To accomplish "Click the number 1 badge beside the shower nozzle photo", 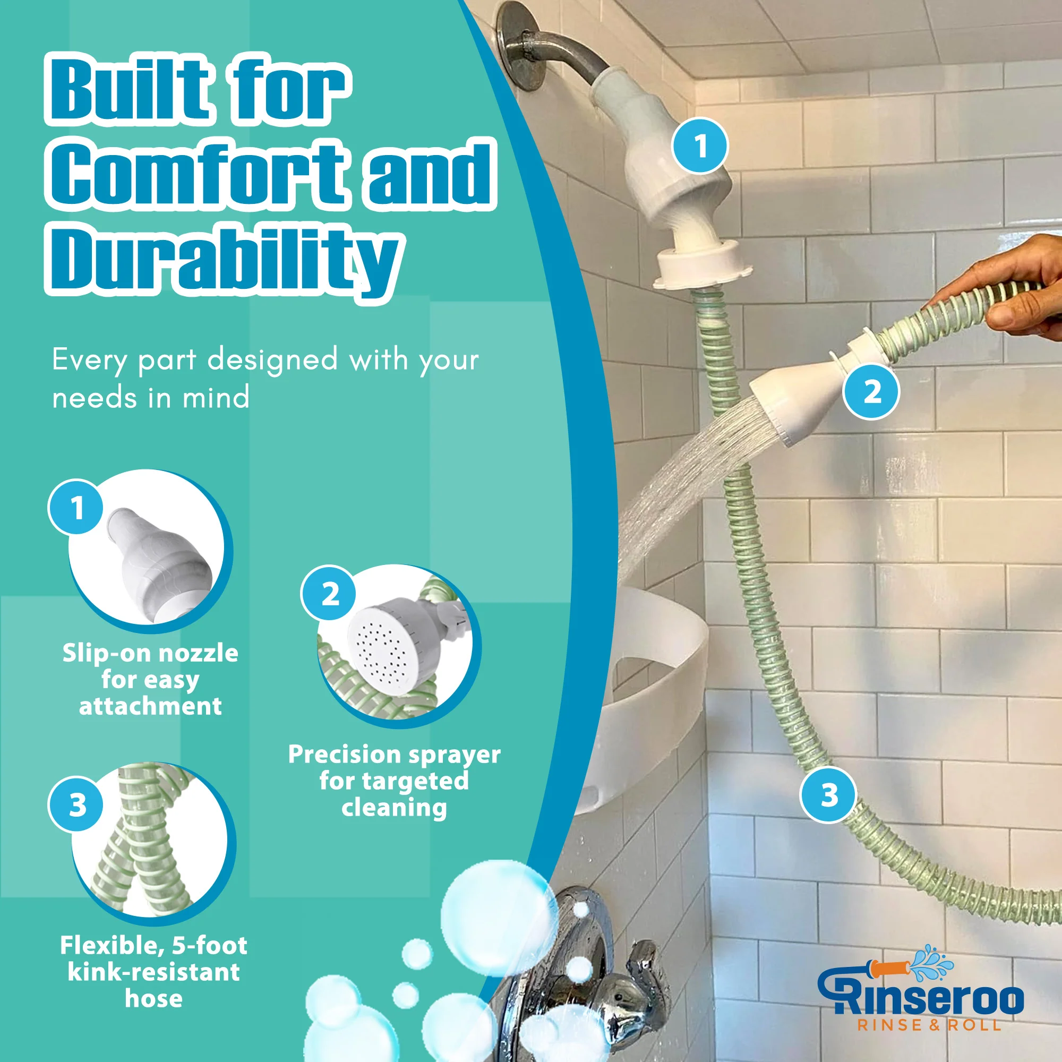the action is [x=700, y=146].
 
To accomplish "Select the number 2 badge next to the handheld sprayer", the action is [x=872, y=392].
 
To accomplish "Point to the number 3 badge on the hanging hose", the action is [x=828, y=795].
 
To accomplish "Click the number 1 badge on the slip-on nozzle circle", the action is [x=76, y=507].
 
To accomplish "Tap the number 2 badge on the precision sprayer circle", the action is [x=329, y=594].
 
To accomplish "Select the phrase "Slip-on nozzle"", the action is [x=150, y=654].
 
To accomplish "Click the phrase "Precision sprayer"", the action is [x=394, y=755].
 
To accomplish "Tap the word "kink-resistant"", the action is [x=153, y=972].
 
